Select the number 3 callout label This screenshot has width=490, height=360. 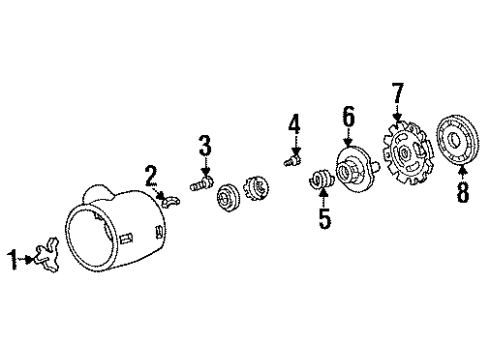pyautogui.click(x=204, y=148)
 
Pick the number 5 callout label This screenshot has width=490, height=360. pyautogui.click(x=324, y=217)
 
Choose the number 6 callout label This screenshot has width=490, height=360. pyautogui.click(x=347, y=118)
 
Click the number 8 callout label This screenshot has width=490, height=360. pyautogui.click(x=462, y=193)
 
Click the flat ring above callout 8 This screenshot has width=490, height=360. pyautogui.click(x=462, y=144)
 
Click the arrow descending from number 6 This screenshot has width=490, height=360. pyautogui.click(x=348, y=139)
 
